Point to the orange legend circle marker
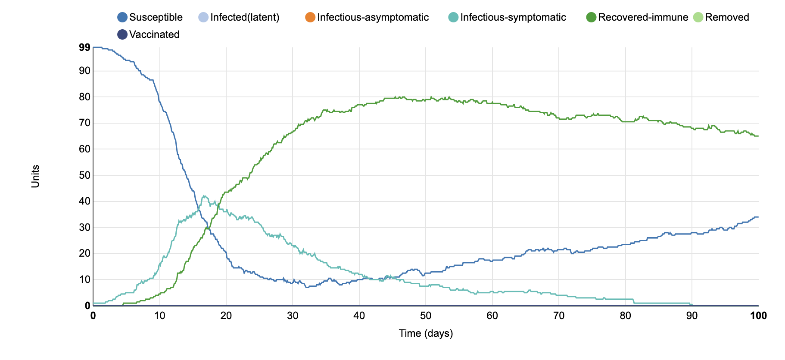[x=310, y=17]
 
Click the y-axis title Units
[x=35, y=177]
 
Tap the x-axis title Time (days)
[x=426, y=333]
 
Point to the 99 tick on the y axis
[x=84, y=47]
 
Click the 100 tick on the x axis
[x=758, y=316]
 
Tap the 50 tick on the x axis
[x=426, y=316]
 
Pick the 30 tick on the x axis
[x=293, y=316]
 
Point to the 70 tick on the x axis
[x=559, y=316]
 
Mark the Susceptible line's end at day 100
[x=758, y=217]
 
